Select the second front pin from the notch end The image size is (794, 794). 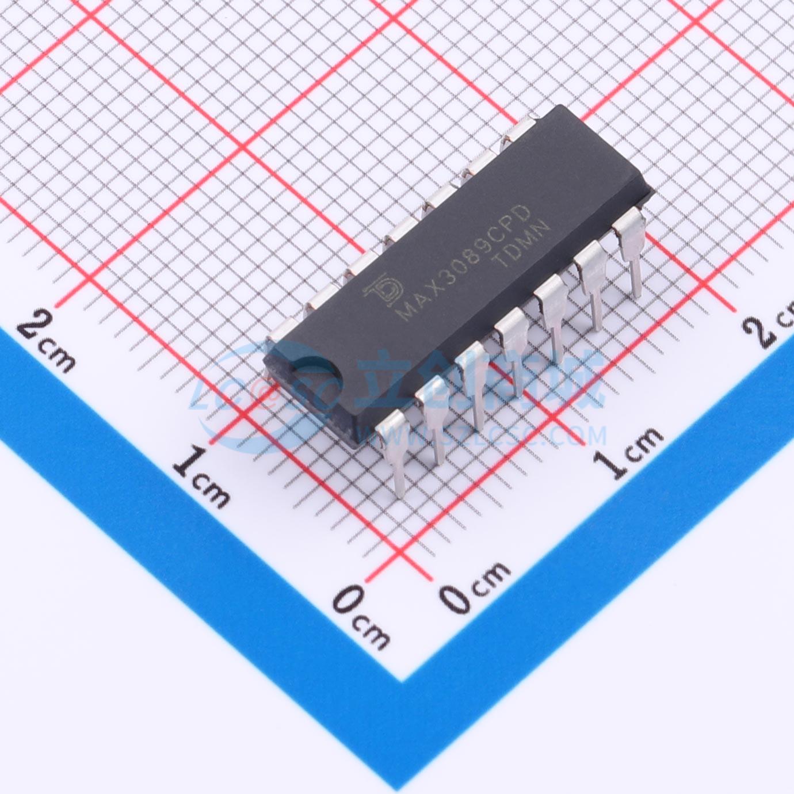point(433,411)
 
